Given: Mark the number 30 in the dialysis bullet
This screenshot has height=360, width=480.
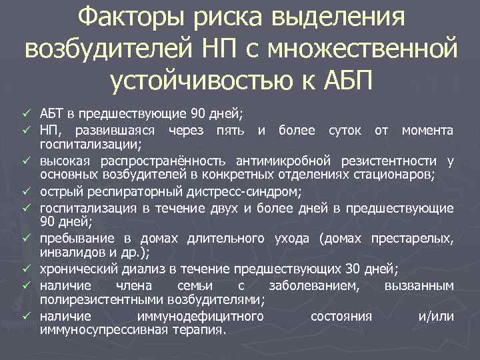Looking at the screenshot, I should pos(353,269).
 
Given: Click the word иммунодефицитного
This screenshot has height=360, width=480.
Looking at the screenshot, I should pos(199,316).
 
